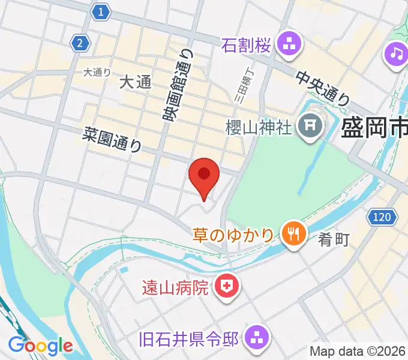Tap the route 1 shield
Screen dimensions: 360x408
pyautogui.click(x=101, y=11)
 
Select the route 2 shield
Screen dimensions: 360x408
pyautogui.click(x=80, y=43)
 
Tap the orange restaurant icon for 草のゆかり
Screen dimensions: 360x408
pyautogui.click(x=292, y=233)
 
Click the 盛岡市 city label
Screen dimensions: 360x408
pyautogui.click(x=374, y=128)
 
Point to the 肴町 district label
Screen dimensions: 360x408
pyautogui.click(x=334, y=240)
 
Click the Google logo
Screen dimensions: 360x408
pyautogui.click(x=40, y=346)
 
